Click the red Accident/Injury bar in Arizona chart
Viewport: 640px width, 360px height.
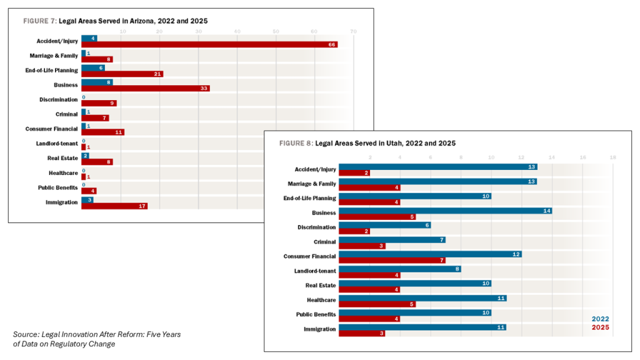pos(209,45)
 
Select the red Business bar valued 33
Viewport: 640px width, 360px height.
pos(145,89)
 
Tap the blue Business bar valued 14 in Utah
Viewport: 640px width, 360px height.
pos(445,211)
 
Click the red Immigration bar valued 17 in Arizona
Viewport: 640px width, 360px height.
pos(114,206)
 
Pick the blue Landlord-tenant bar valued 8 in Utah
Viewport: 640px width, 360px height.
pos(400,269)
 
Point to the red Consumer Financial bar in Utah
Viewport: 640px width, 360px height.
pos(392,260)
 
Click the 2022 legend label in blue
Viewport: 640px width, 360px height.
pos(600,319)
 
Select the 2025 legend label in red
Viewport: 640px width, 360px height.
pos(600,327)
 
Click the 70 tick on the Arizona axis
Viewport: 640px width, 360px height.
pos(354,31)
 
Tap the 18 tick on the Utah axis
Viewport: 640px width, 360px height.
pos(613,157)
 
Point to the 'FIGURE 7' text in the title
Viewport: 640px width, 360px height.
pos(40,21)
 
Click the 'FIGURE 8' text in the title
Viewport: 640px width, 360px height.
pos(296,144)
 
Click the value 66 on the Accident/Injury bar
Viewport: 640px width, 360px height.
pos(332,45)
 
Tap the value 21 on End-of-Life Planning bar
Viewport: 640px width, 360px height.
pos(157,74)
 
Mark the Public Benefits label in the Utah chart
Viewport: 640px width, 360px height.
pos(316,314)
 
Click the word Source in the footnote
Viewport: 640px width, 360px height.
pos(26,334)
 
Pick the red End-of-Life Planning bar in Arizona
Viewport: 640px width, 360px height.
pos(122,74)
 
